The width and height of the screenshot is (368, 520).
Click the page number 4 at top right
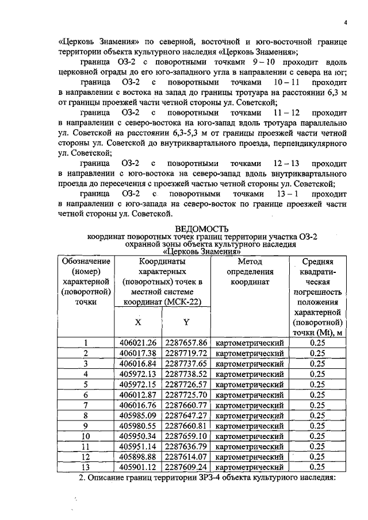(346, 23)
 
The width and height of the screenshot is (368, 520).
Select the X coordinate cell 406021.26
(138, 343)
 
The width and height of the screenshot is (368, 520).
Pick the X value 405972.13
(138, 374)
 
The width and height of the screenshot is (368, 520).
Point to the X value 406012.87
(138, 395)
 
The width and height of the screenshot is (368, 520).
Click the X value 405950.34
(138, 436)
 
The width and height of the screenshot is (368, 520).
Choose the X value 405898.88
(138, 456)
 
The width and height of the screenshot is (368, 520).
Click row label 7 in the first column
(85, 405)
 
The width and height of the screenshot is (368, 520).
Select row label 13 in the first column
(85, 467)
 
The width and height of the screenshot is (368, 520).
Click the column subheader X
(138, 321)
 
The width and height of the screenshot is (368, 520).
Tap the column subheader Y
(186, 321)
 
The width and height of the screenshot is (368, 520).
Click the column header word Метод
(250, 261)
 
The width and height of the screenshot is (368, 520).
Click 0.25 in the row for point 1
(317, 343)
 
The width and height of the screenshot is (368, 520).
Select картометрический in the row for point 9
(250, 426)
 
